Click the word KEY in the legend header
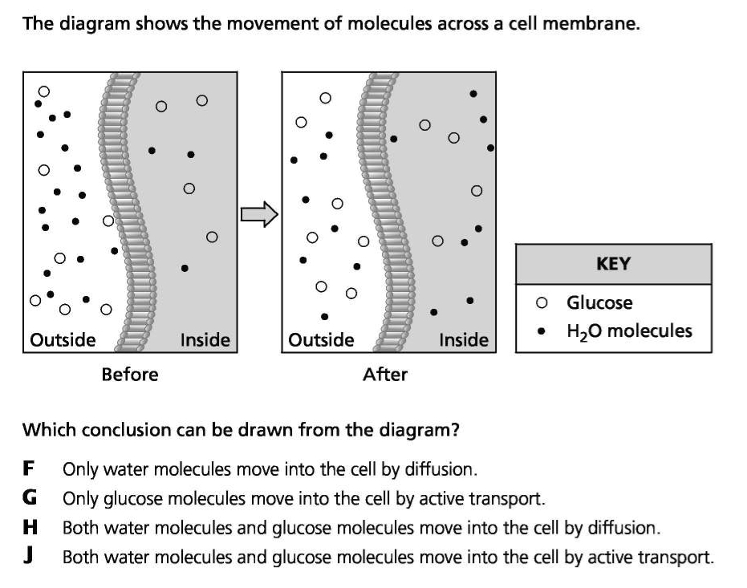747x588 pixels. [x=613, y=264]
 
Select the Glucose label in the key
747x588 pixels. [x=599, y=303]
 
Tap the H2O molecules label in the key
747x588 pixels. [x=629, y=330]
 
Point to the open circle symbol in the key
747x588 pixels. [x=543, y=303]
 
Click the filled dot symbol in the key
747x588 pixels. [x=543, y=330]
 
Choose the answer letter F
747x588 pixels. [x=28, y=468]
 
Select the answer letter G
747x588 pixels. [x=29, y=498]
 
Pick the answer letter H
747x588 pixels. [x=29, y=528]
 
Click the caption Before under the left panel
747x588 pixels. [x=130, y=374]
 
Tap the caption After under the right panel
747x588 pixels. [x=385, y=374]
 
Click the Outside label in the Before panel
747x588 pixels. [x=63, y=340]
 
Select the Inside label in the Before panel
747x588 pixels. [x=205, y=340]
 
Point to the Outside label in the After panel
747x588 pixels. [x=321, y=340]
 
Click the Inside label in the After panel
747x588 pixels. [x=464, y=340]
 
